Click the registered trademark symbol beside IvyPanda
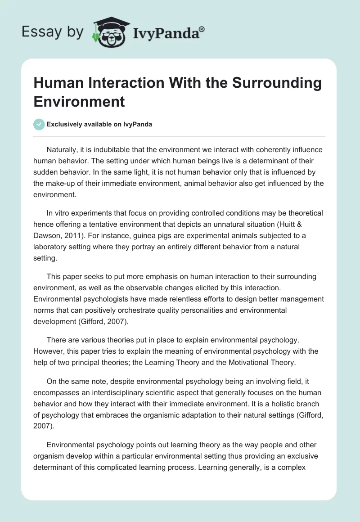tap(202, 30)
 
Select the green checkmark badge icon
tap(39, 124)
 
